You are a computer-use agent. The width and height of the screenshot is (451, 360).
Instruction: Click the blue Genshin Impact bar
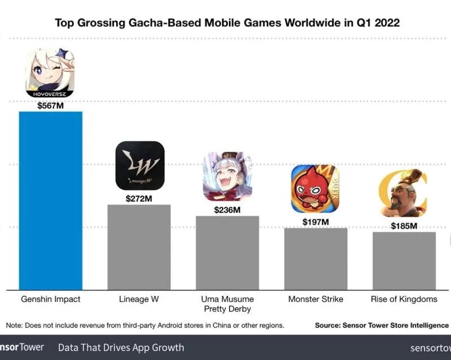pos(51,200)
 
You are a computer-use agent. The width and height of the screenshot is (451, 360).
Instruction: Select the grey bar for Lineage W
pos(139,247)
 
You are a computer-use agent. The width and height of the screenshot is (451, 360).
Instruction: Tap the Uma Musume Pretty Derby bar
pos(227,252)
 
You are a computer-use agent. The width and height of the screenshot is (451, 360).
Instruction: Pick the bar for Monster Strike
pos(316,259)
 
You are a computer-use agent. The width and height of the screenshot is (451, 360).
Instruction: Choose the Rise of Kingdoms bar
pos(404,260)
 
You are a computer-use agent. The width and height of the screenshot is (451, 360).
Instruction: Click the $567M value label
pos(50,105)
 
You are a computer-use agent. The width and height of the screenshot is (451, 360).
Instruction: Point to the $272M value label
pos(139,198)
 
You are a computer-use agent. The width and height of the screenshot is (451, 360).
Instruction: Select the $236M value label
pos(227,210)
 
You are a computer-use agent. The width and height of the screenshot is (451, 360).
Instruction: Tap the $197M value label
pos(316,222)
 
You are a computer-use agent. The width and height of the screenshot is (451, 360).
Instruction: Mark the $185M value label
pos(404,226)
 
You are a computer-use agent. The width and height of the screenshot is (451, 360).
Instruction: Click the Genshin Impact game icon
pos(50,73)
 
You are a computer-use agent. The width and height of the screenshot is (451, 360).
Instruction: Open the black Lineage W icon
pos(140,166)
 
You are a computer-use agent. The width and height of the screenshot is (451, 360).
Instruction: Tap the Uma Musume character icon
pos(228,176)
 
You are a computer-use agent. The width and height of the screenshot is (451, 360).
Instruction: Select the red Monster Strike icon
pos(315,189)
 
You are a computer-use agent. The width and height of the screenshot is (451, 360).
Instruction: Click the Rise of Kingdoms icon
pos(403,193)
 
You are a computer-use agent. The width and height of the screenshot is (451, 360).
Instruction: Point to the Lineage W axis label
pos(139,299)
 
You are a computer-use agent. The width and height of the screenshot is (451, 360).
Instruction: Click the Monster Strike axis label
pos(316,299)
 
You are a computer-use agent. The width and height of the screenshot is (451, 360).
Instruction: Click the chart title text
pos(227,23)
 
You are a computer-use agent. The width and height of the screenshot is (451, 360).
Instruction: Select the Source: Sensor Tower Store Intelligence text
pos(382,325)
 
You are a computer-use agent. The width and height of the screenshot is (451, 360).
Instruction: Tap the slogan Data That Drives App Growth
pos(121,347)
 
